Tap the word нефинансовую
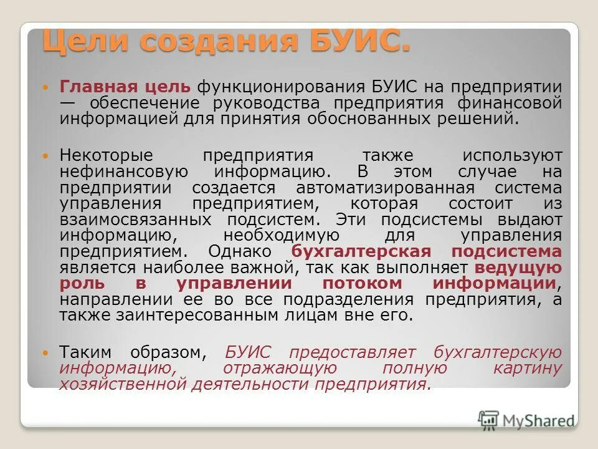(x=123, y=171)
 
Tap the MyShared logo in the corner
(x=526, y=420)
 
